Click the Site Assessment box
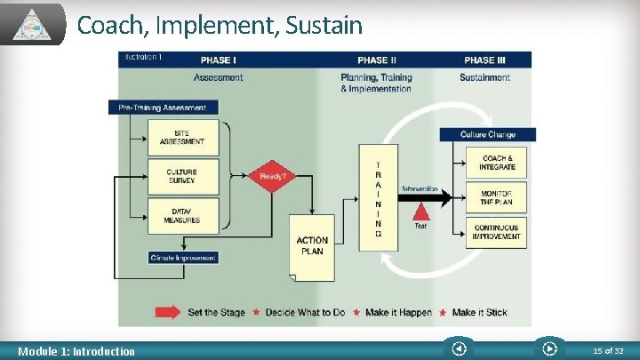[x=181, y=138]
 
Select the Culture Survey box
[x=181, y=176]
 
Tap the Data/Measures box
[x=181, y=215]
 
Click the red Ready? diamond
[x=272, y=176]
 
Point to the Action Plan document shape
[x=312, y=244]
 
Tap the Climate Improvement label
[x=182, y=258]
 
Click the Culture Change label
[x=487, y=134]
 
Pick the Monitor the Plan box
[x=497, y=197]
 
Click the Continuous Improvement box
[x=497, y=232]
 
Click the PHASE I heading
[x=219, y=60]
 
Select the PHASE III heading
[x=484, y=60]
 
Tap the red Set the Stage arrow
[x=169, y=312]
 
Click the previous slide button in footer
[x=458, y=349]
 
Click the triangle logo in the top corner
[x=35, y=24]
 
